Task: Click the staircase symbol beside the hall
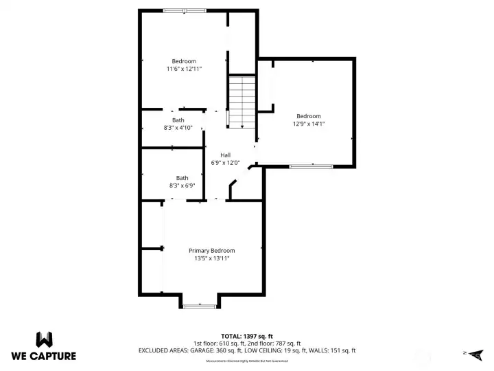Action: [242, 102]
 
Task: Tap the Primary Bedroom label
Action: [212, 251]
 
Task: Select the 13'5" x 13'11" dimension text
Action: [212, 258]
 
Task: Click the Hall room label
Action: [225, 155]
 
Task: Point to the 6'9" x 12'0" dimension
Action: [225, 163]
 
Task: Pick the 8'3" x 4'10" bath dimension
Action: [178, 128]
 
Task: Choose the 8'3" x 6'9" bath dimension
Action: [183, 185]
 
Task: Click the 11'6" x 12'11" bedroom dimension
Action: [184, 69]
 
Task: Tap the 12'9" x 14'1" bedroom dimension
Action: [309, 124]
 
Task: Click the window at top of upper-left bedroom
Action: [185, 10]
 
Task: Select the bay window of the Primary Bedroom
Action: [200, 306]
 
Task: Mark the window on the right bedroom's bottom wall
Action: [310, 166]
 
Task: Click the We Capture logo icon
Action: [44, 339]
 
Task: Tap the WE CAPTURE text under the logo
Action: [44, 356]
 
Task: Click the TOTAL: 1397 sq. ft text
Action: [246, 336]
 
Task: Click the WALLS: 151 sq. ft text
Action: [333, 351]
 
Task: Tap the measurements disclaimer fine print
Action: [246, 361]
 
